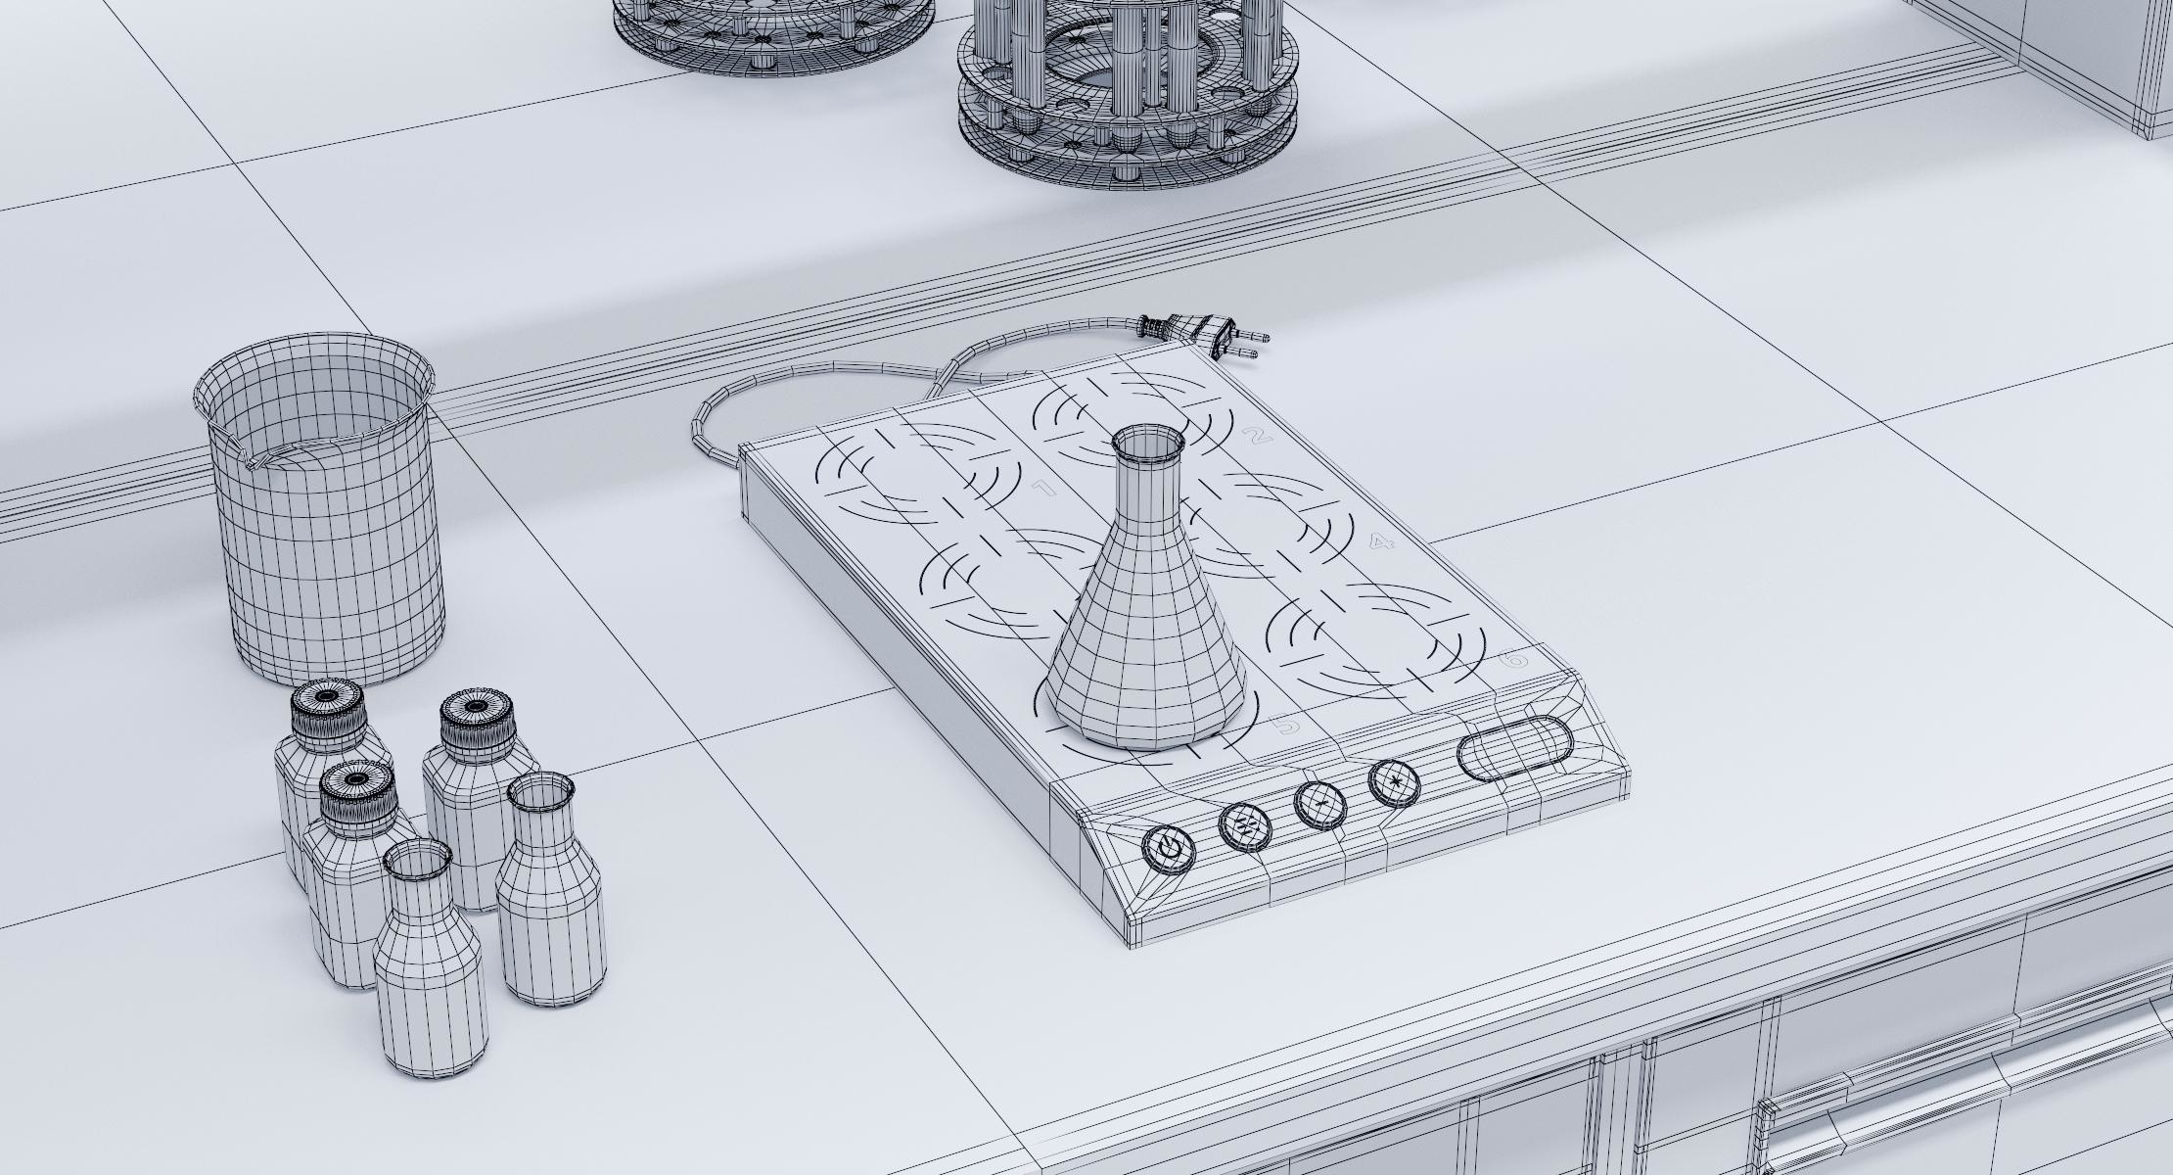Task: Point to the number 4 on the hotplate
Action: point(1381,542)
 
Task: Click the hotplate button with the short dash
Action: point(1320,802)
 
